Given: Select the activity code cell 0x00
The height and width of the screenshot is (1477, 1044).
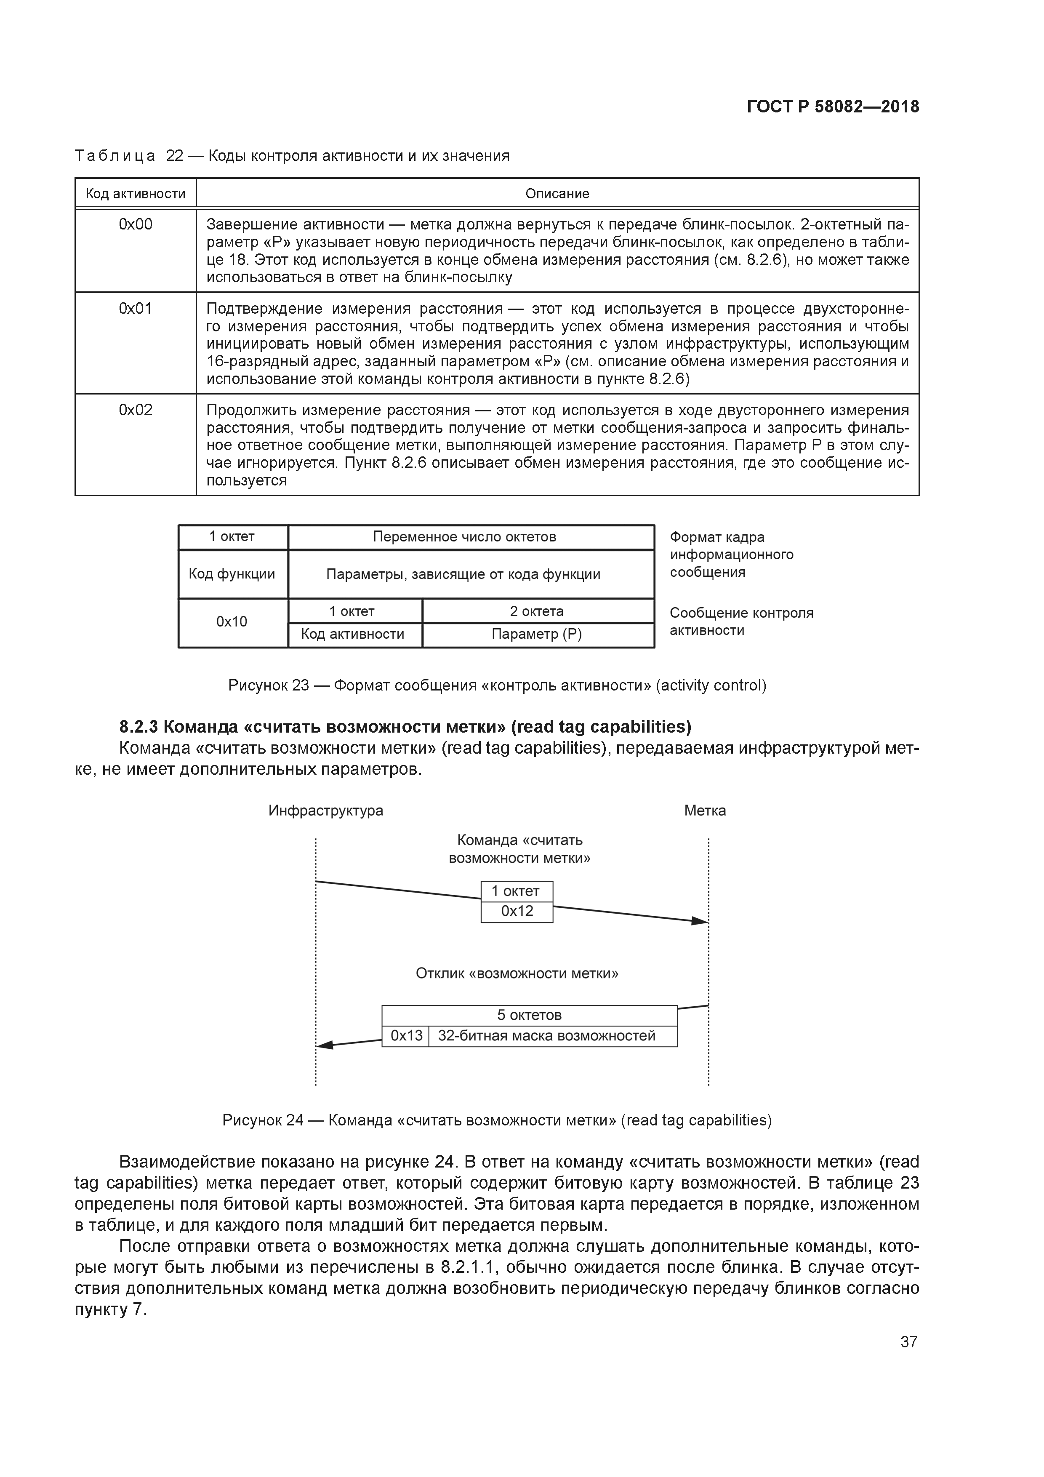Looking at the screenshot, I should coord(135,224).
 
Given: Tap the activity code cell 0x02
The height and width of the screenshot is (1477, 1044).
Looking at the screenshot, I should coord(135,411).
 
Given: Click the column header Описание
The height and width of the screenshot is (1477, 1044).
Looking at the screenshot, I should coord(557,194).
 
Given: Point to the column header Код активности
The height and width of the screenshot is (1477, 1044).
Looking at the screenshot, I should coord(135,194).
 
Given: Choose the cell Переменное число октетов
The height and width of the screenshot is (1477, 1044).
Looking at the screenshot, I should coord(464,536).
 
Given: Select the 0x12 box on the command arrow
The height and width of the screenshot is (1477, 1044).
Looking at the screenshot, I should coord(517,911).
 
